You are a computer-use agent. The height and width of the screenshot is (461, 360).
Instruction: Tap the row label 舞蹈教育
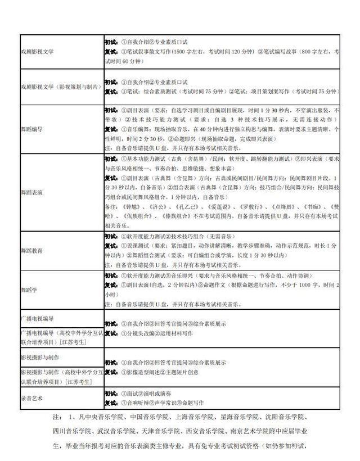click(33, 250)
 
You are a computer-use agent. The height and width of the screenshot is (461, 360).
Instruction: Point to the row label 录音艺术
click(33, 398)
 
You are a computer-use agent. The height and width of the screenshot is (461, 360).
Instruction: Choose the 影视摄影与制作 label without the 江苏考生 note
click(40, 358)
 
